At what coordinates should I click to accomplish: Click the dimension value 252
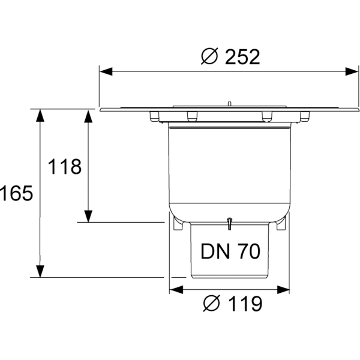243,57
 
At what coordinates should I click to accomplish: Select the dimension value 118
65,167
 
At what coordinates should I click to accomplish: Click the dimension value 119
245,304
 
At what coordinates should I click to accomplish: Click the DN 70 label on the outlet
230,251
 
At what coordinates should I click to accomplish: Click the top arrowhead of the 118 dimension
88,116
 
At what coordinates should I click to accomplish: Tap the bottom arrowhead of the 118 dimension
88,216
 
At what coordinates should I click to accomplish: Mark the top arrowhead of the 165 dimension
40,116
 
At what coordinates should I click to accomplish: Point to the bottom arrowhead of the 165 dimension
40,272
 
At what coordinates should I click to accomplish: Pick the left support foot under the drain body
178,224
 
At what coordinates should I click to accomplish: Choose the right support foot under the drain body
281,224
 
